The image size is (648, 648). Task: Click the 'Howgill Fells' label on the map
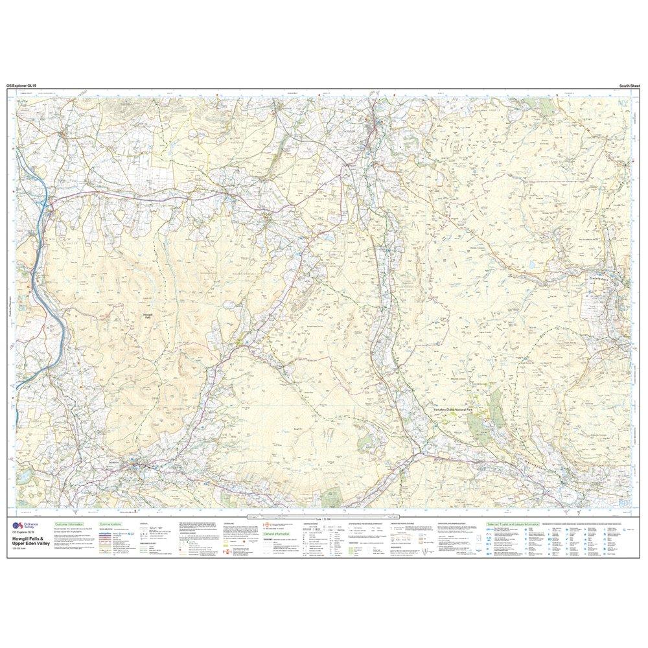coord(147,316)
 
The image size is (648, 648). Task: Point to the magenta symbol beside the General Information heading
coord(266,525)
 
